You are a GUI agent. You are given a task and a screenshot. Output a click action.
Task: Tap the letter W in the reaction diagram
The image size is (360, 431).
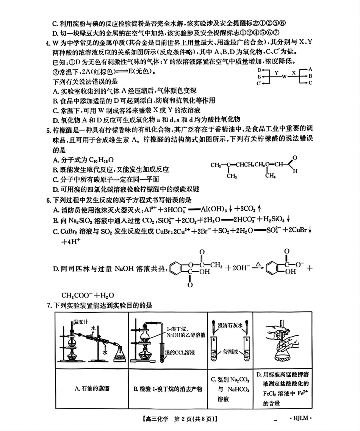284,76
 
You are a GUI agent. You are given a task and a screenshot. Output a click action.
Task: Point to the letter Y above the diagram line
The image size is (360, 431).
276,73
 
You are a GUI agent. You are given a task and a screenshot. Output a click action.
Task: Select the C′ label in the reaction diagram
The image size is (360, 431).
259,83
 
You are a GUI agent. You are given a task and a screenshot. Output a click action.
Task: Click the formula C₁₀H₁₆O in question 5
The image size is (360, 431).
102,160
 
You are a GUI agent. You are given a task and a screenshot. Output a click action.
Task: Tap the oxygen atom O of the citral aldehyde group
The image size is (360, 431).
295,158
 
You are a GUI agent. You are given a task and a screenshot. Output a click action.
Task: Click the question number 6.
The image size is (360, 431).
49,201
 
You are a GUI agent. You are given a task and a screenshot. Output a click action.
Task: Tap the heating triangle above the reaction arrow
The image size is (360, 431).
258,265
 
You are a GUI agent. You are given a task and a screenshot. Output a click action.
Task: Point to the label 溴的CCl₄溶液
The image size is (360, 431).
180,353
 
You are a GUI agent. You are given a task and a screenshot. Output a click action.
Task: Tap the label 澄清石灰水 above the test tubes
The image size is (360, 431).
230,325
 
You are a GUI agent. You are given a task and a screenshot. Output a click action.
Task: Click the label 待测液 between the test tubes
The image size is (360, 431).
230,351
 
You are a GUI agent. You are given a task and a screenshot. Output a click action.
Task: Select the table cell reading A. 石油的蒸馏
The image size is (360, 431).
92,389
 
